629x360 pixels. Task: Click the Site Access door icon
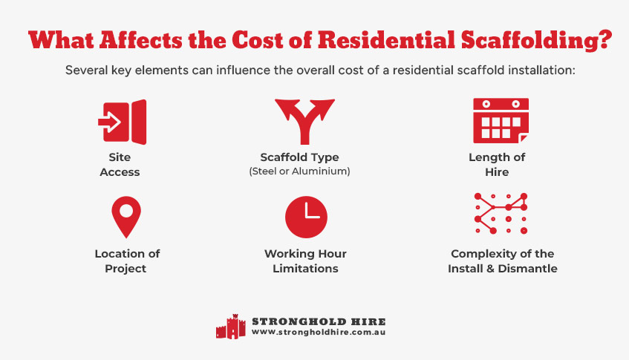pyautogui.click(x=123, y=121)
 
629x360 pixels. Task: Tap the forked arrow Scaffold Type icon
pyautogui.click(x=304, y=120)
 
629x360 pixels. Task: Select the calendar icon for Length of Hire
pyautogui.click(x=501, y=120)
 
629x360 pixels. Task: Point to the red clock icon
pyautogui.click(x=306, y=217)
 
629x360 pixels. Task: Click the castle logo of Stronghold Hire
pyautogui.click(x=230, y=327)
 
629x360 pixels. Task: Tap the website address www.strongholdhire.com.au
pyautogui.click(x=318, y=333)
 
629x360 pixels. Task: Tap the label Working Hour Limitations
pyautogui.click(x=305, y=261)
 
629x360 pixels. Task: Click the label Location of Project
pyautogui.click(x=127, y=261)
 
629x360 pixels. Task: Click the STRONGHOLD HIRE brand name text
pyautogui.click(x=318, y=321)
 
